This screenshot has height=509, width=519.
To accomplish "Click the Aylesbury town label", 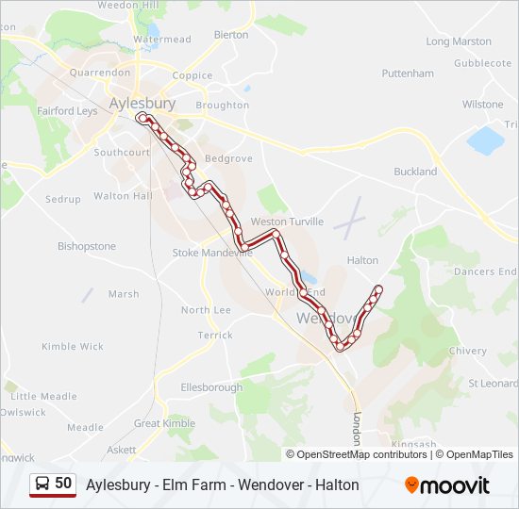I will point(142,103).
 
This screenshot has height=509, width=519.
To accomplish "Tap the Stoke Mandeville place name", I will point(207,253).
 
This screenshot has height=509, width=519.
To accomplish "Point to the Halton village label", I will point(362,260).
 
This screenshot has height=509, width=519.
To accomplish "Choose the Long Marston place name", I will point(459,41).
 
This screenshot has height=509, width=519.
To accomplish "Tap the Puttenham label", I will point(407,74).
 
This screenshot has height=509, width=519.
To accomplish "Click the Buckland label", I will point(415,172).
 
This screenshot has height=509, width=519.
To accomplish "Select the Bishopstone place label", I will point(86,247).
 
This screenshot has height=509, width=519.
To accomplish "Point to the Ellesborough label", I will point(211,386).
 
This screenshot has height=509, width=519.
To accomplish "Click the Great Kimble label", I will point(164,424).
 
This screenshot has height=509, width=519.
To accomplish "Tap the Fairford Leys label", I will point(67,111).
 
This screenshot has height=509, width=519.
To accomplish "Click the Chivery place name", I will point(467,351).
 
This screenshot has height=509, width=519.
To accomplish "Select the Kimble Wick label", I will point(72,347).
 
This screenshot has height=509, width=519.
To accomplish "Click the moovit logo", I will point(447,485).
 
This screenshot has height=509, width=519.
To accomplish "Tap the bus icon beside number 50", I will point(42,484).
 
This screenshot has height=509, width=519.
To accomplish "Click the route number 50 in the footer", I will point(63,483).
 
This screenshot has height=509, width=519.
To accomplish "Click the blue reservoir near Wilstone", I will point(486,140).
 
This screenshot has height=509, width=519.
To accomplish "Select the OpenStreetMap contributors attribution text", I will point(361,454).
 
